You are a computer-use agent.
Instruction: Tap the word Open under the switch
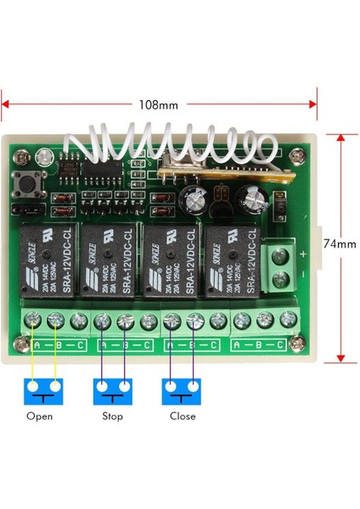(x=39, y=417)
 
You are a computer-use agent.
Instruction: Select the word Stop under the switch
(x=112, y=417)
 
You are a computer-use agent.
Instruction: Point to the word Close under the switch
(x=182, y=417)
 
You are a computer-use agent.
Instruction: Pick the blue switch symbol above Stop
(x=112, y=391)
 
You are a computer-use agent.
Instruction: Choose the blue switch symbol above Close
(x=182, y=391)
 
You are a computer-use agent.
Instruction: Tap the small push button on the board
(x=22, y=183)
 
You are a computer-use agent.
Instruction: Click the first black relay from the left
(x=45, y=265)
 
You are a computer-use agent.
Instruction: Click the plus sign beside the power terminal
(x=303, y=253)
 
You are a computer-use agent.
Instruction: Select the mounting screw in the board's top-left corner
(x=16, y=156)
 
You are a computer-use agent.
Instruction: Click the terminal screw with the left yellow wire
(x=33, y=321)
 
